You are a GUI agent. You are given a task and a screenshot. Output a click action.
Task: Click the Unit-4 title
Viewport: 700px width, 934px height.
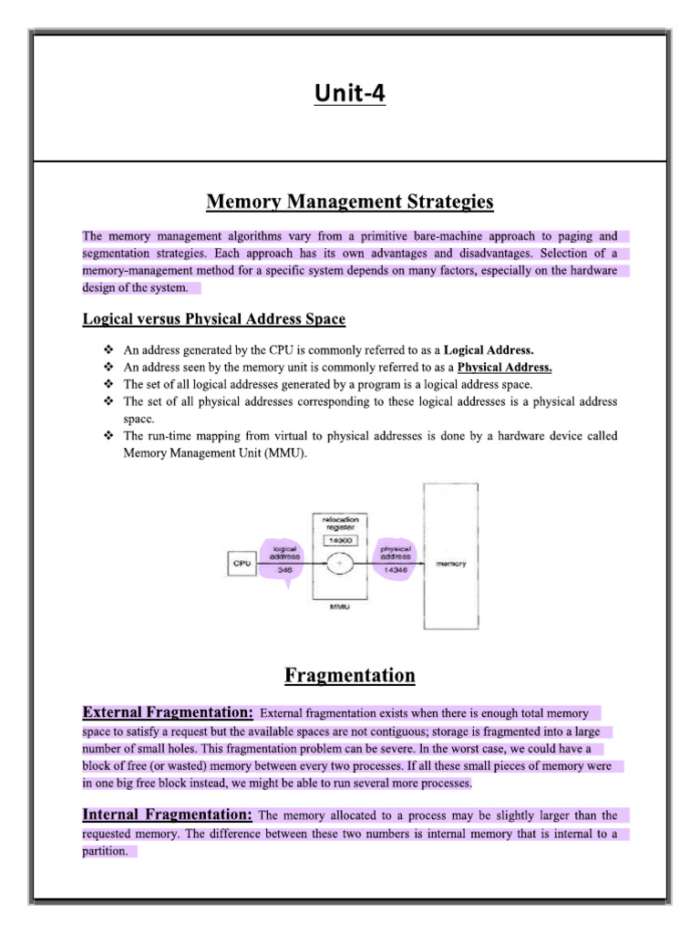[349, 93]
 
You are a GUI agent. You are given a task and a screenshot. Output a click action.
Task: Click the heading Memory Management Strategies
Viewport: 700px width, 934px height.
[349, 201]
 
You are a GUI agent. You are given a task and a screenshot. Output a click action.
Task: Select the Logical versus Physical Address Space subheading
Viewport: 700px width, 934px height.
[214, 319]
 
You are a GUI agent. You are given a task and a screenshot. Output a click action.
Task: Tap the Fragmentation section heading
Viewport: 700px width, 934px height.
[349, 676]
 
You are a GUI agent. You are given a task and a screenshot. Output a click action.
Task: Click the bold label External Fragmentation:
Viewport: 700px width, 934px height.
[168, 711]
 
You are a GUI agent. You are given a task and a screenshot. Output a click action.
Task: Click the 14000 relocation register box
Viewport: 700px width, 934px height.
[339, 540]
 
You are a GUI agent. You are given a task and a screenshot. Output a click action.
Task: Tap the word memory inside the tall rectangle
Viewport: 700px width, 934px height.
[451, 564]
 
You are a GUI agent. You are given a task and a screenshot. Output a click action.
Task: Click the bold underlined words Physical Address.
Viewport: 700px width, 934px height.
[505, 368]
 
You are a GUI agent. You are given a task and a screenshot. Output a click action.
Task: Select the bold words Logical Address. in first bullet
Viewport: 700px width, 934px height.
[489, 350]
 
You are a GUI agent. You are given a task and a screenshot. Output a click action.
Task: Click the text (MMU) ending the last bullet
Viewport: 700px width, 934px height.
[286, 453]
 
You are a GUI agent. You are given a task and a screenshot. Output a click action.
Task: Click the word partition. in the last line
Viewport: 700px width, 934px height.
[108, 852]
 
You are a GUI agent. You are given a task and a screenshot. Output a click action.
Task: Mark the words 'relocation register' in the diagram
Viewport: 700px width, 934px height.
[339, 523]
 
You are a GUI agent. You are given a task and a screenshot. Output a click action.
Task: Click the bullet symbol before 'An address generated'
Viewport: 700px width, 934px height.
[109, 350]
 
